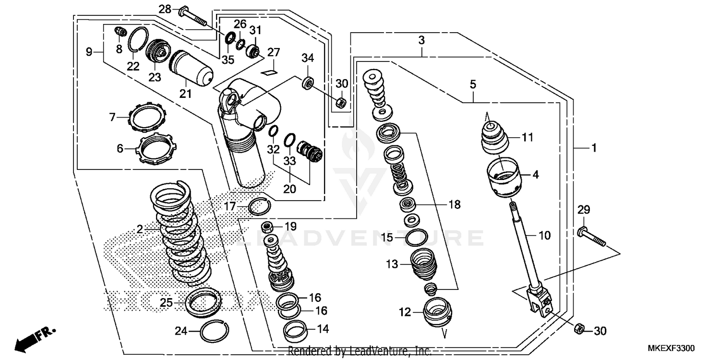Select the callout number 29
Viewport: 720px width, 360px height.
click(583, 210)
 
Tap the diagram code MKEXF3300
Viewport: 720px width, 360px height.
click(671, 348)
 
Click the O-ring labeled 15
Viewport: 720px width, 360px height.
click(416, 237)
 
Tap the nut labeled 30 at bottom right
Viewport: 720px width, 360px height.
click(579, 328)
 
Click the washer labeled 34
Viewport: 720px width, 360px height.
click(308, 82)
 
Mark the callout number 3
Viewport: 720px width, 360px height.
click(421, 41)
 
